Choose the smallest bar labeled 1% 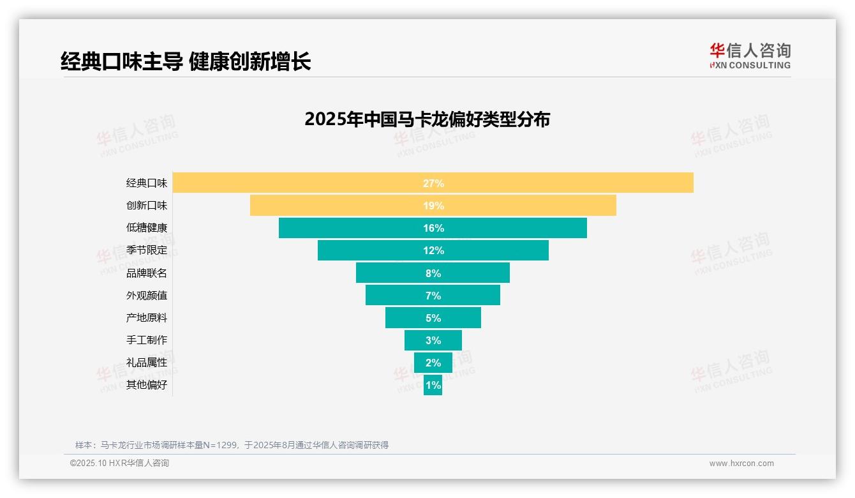click(433, 385)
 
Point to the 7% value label click(433, 296)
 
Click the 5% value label click(433, 318)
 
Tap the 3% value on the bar click(433, 340)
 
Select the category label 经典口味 click(147, 183)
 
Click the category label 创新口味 click(147, 206)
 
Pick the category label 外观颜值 click(147, 296)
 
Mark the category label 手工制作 click(147, 340)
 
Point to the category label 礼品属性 click(147, 363)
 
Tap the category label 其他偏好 click(147, 385)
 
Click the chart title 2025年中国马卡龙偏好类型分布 click(427, 119)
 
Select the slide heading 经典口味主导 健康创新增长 click(186, 61)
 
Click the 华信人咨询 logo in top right click(750, 56)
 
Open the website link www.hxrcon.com click(741, 464)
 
